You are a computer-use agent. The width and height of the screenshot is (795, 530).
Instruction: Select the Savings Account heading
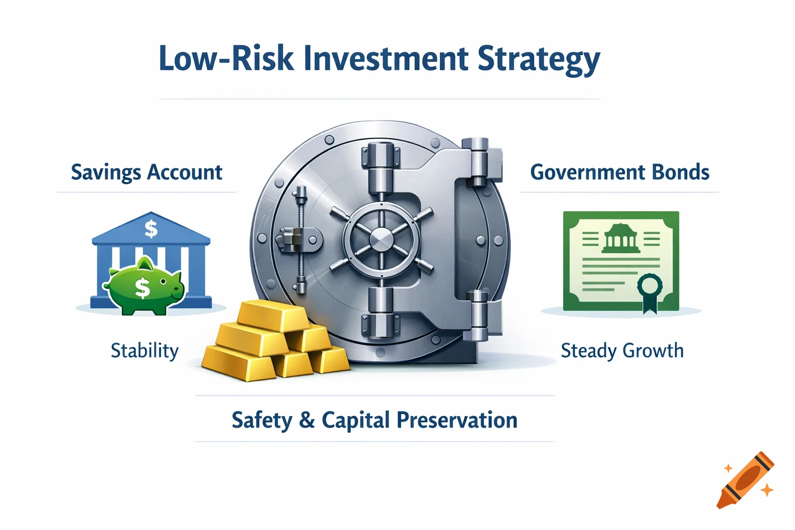(146, 172)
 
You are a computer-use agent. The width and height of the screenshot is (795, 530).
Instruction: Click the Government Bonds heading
(620, 172)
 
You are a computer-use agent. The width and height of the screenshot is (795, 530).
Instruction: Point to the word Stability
(144, 351)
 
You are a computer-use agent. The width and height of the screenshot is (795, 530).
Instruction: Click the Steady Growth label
(622, 351)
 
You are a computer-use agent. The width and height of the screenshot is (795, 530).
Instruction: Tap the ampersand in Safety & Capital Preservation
(307, 420)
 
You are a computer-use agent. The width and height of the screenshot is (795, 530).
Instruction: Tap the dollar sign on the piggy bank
(142, 288)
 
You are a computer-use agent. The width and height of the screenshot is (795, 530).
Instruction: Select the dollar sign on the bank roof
(151, 228)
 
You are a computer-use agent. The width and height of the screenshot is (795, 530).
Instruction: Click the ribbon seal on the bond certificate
(649, 288)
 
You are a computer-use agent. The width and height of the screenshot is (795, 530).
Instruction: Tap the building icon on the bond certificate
(621, 239)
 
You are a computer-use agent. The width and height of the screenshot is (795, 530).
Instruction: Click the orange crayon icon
(745, 480)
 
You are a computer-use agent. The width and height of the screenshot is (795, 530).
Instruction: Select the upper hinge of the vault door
(476, 161)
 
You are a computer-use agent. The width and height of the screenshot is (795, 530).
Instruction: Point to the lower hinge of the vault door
(476, 316)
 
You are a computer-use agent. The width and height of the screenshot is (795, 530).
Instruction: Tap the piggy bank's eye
(164, 282)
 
